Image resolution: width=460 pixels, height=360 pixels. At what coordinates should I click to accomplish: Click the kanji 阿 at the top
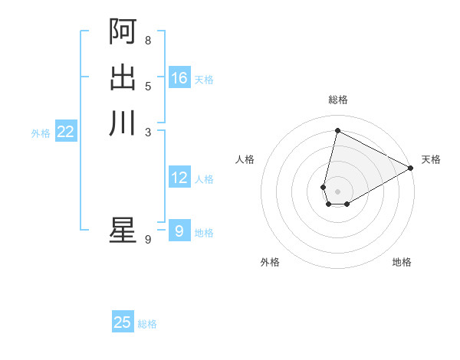pos(123,32)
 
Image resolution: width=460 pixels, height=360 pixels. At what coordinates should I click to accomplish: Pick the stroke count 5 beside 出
pos(148,86)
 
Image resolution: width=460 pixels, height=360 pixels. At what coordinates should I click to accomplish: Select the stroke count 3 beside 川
pos(148,131)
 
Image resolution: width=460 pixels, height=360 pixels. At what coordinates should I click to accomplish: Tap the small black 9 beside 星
pos(148,240)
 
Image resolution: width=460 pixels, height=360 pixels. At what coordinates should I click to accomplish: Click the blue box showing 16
pos(179,78)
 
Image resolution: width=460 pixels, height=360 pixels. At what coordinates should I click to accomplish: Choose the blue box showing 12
pos(179,178)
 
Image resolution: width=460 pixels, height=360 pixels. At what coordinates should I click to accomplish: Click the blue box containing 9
pos(179,231)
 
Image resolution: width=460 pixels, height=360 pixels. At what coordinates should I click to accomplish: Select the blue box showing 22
pos(66,132)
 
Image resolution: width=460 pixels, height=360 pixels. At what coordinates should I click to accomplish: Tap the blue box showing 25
pos(123,322)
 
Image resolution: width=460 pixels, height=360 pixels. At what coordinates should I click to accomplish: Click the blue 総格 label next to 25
pos(147,324)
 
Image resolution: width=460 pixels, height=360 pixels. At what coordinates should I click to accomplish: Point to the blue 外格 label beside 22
pos(41,133)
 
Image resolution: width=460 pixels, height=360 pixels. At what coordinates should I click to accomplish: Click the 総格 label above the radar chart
pos(338,100)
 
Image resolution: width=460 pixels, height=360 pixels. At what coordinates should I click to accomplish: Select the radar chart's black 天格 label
pos(431,159)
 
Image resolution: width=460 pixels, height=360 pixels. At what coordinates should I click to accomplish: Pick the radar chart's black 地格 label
pos(402,262)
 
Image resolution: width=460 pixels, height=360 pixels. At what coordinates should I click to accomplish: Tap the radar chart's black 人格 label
pos(245,159)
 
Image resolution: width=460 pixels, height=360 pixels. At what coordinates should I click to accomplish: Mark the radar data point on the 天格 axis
pos(410,169)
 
